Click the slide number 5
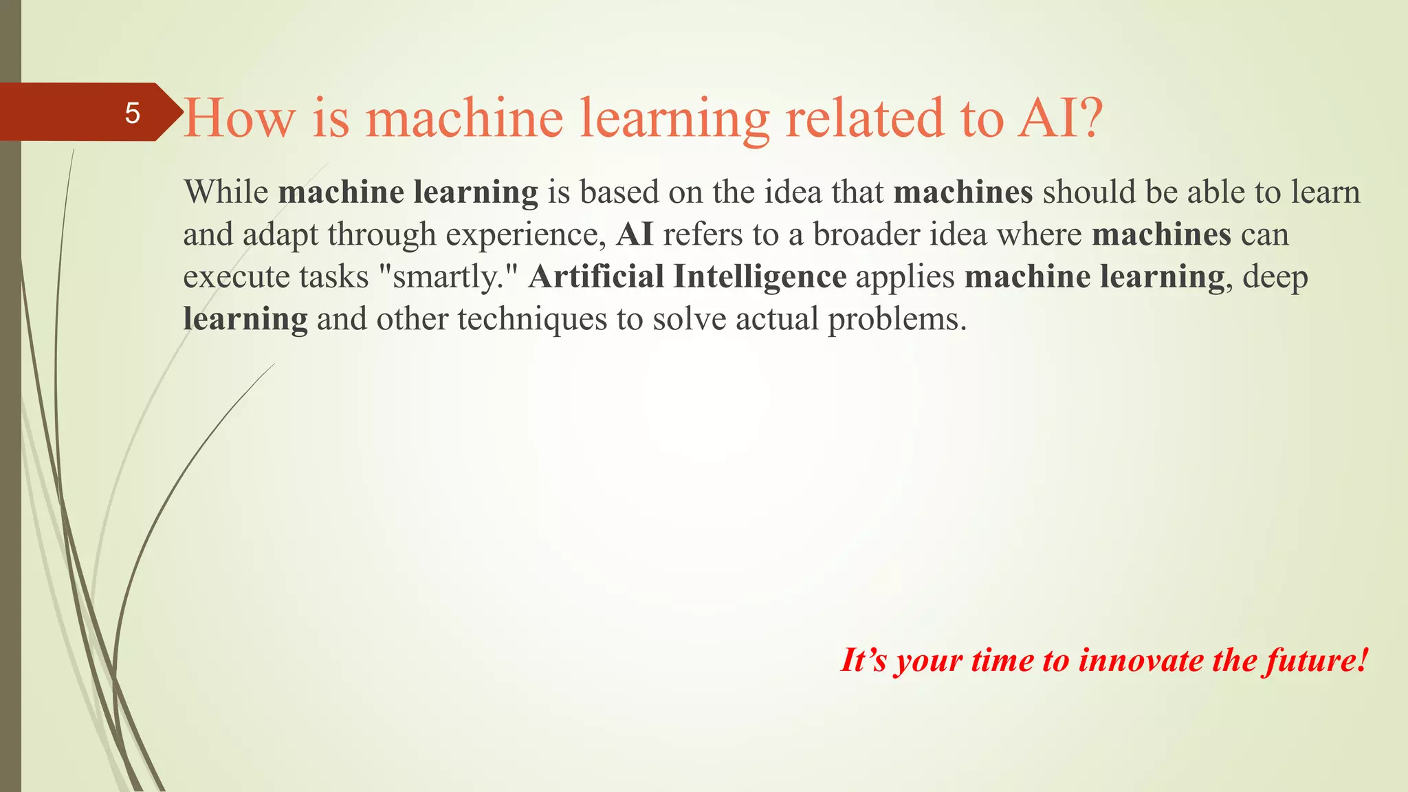[x=132, y=113]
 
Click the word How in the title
[x=239, y=118]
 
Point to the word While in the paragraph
[x=226, y=192]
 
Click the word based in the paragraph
[x=619, y=192]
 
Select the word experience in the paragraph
[x=522, y=235]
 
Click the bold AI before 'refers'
[x=635, y=234]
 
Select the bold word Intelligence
[x=760, y=277]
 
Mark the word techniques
[x=532, y=319]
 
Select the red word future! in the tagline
[x=1317, y=660]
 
